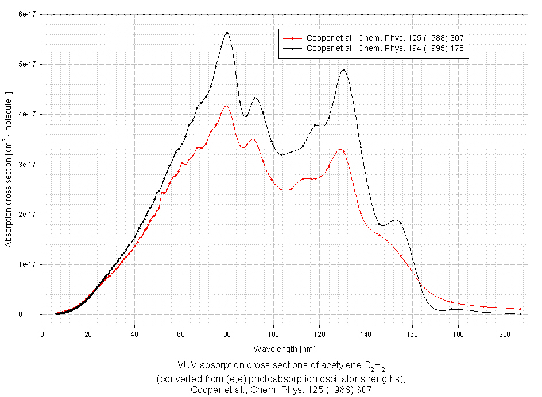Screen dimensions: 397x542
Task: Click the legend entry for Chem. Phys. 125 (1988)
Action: (x=385, y=38)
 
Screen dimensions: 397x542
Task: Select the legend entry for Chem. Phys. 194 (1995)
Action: (x=385, y=49)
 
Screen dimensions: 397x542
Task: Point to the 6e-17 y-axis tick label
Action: (x=26, y=14)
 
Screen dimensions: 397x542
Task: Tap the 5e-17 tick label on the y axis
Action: (x=26, y=64)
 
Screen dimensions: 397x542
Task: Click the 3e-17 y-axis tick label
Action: (x=26, y=165)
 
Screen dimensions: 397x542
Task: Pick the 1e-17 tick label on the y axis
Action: (x=26, y=264)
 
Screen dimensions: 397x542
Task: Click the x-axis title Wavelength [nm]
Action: (x=284, y=349)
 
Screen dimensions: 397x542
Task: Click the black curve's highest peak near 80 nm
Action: (x=227, y=33)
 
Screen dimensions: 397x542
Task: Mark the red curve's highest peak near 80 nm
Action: (x=227, y=106)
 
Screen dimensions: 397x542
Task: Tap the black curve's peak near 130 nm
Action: (x=343, y=70)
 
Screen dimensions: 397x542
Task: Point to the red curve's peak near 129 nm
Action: (x=340, y=150)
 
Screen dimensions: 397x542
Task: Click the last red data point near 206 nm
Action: (x=520, y=309)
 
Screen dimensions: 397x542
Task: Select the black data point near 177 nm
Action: (x=452, y=309)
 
